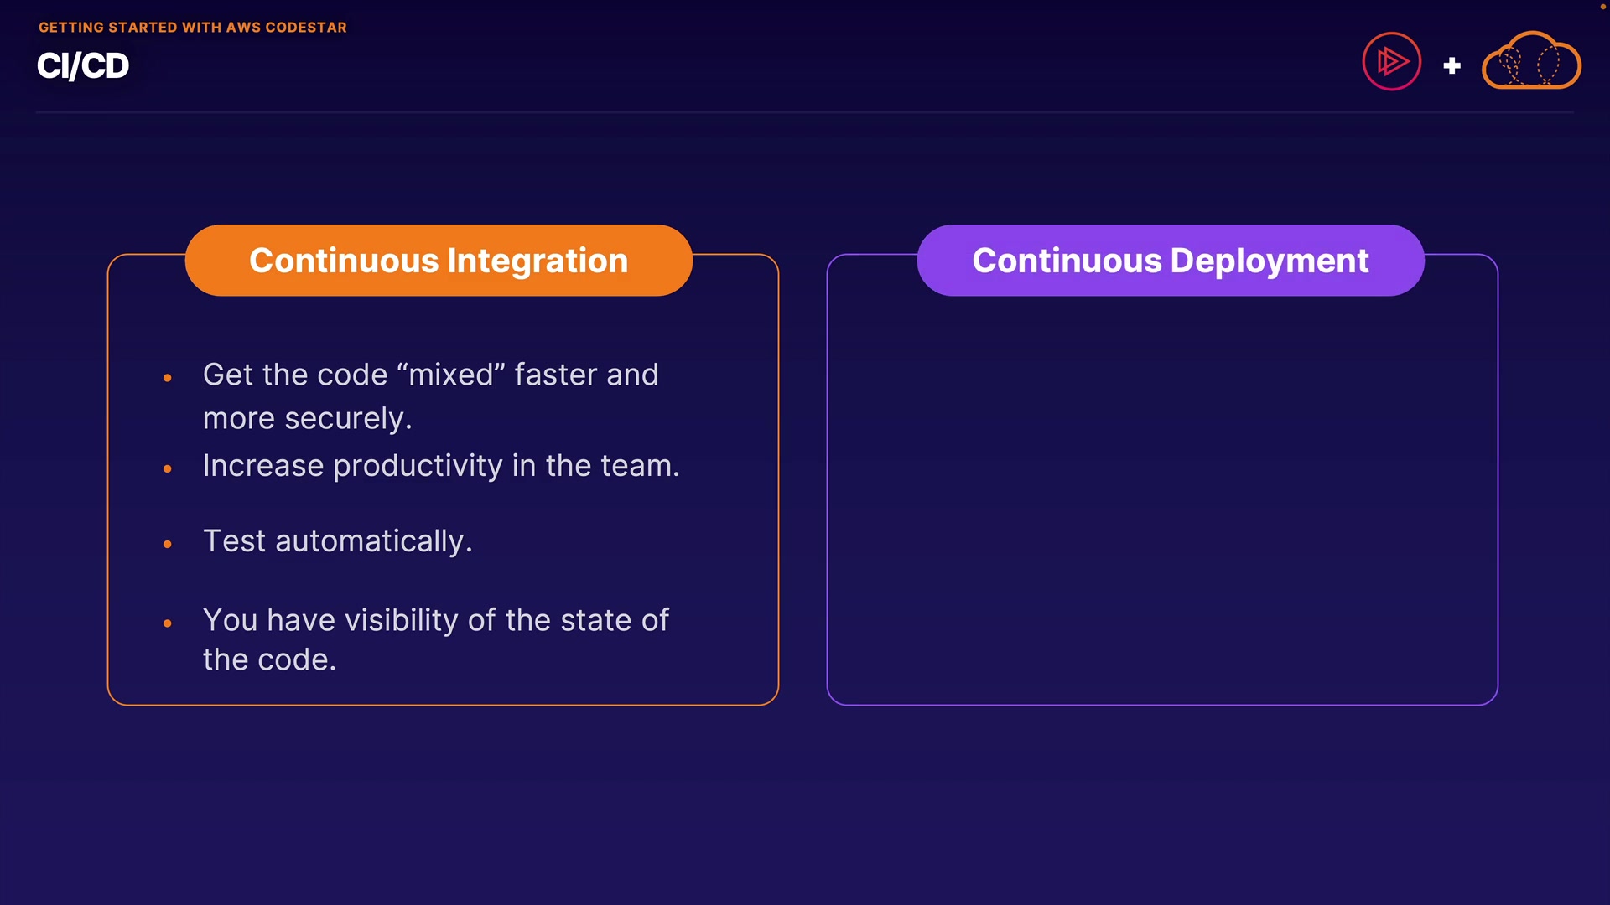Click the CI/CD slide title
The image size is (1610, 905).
[x=83, y=66]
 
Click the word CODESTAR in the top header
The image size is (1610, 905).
[x=306, y=28]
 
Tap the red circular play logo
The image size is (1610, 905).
[x=1392, y=61]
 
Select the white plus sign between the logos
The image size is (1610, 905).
[x=1452, y=65]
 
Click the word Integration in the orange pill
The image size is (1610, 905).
[x=538, y=261]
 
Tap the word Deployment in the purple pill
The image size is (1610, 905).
[x=1270, y=261]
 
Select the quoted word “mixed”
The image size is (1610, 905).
[x=451, y=375]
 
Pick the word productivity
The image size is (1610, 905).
[x=418, y=466]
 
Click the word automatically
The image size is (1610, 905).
[x=373, y=541]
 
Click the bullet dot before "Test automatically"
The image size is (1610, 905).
[x=168, y=545]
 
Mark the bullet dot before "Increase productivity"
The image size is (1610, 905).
[x=168, y=469]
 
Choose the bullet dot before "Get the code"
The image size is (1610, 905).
[x=168, y=379]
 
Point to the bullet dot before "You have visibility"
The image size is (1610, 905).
[x=168, y=623]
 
